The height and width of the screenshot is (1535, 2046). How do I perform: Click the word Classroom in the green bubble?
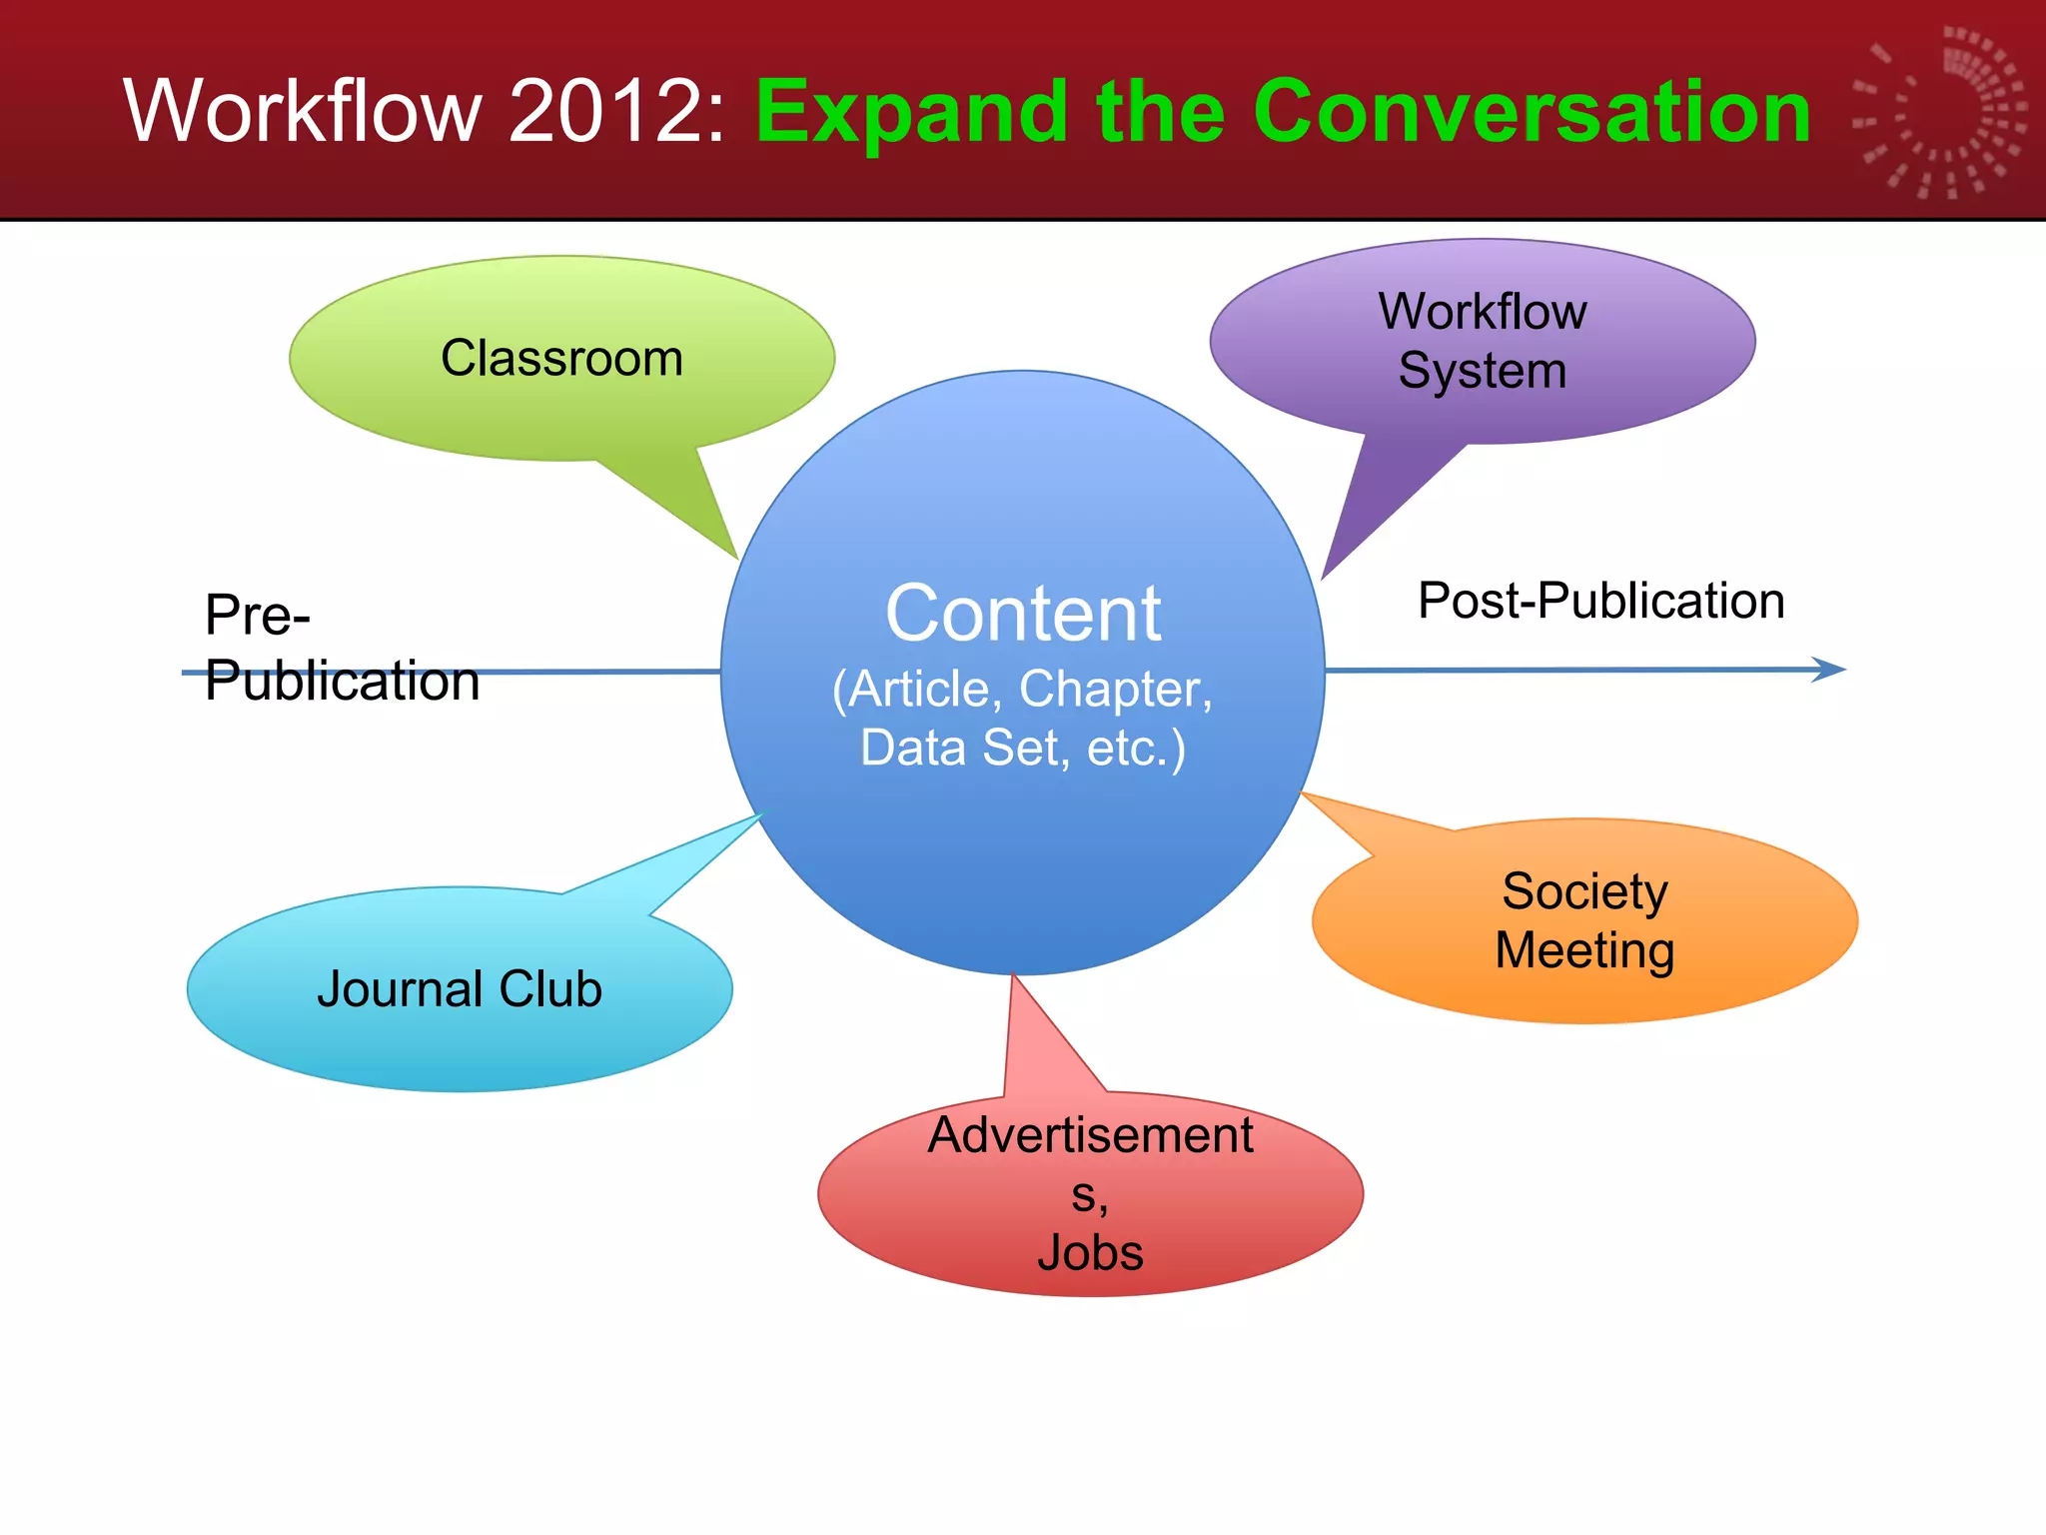tap(561, 358)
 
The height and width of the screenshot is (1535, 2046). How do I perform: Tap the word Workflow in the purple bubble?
tap(1483, 311)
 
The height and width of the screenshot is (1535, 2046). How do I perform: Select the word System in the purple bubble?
tap(1483, 371)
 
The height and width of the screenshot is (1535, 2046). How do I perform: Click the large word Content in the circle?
tap(1023, 613)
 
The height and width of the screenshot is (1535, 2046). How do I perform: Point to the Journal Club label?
tap(460, 989)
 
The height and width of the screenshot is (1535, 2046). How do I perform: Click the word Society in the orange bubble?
tap(1584, 890)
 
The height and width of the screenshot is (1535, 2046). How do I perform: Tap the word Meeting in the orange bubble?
tap(1584, 950)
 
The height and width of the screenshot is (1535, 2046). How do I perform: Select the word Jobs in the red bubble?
tap(1090, 1252)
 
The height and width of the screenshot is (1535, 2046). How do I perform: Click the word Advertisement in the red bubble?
tap(1090, 1135)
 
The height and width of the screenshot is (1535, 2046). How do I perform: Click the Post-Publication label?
tap(1600, 601)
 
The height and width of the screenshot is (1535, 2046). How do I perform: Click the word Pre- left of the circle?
tap(258, 615)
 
